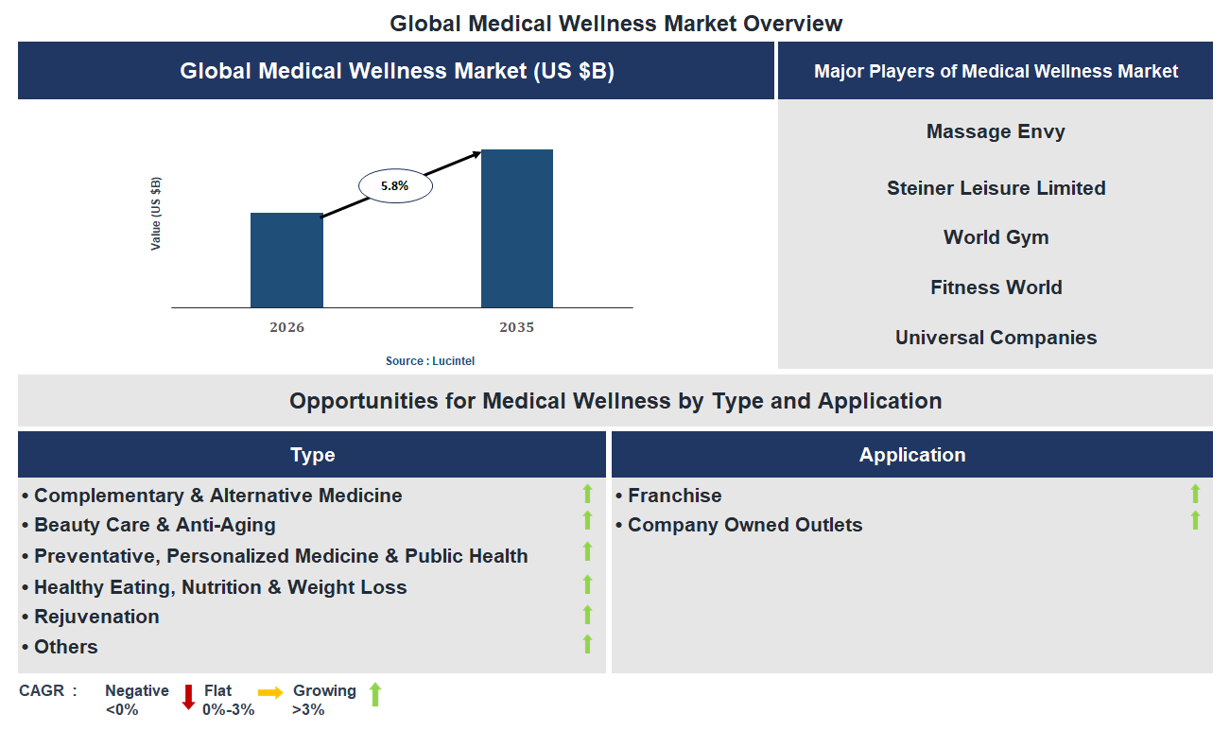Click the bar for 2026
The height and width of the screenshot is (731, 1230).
(x=286, y=260)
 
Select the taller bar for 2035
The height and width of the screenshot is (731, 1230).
(x=517, y=228)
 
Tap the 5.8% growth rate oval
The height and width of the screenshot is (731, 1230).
(x=395, y=186)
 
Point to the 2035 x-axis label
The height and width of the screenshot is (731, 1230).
(x=517, y=327)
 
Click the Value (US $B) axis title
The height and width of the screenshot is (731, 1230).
(x=156, y=214)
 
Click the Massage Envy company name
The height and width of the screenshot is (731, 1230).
(x=996, y=131)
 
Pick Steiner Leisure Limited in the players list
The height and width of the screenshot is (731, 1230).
(x=996, y=188)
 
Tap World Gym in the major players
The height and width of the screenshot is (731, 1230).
(x=996, y=237)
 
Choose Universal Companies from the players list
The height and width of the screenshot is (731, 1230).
(x=996, y=338)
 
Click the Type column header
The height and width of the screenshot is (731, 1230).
(x=312, y=455)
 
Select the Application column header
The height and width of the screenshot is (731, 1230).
(x=911, y=455)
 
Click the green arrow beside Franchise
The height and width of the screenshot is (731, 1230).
(x=1195, y=494)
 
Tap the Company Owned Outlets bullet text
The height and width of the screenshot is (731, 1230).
(x=745, y=525)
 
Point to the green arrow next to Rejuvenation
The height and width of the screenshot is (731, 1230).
(x=587, y=615)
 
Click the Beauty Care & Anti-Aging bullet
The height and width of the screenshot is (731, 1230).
(x=155, y=525)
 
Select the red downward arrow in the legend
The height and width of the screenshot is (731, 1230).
(x=188, y=697)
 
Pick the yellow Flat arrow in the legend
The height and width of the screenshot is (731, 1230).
(x=270, y=693)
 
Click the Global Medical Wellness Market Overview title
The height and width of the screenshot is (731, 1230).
(x=615, y=23)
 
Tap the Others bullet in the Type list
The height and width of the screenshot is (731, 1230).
(x=66, y=647)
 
